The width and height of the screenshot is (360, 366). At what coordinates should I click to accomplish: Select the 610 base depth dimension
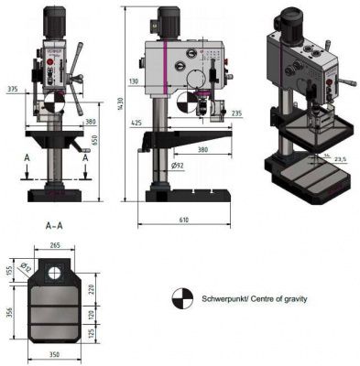click(185, 221)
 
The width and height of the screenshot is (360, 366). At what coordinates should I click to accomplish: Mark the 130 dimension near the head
click(135, 81)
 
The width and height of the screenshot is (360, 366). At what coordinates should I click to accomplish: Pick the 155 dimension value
click(9, 271)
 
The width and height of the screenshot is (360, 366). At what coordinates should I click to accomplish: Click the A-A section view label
click(54, 223)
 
